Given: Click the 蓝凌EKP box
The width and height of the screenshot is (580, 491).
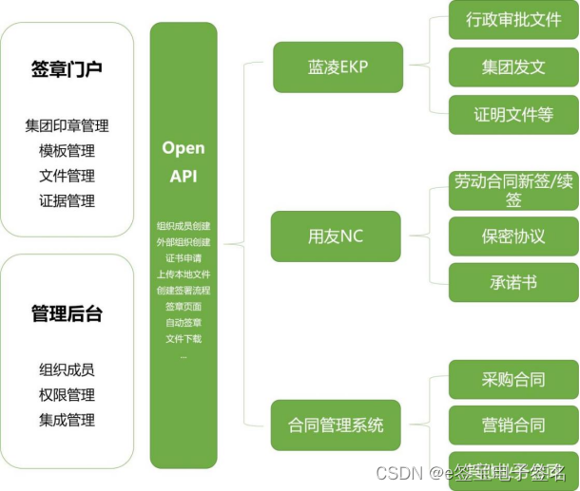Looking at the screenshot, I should click(x=338, y=66).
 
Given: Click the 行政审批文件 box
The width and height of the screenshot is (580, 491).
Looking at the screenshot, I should click(x=513, y=19).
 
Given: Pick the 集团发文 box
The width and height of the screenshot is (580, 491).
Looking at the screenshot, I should click(x=513, y=67).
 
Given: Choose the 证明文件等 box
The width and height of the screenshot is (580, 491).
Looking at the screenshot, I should click(x=513, y=115).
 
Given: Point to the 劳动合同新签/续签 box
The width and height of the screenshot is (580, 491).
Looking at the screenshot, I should click(x=513, y=189).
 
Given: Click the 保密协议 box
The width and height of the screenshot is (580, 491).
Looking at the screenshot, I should click(x=513, y=236).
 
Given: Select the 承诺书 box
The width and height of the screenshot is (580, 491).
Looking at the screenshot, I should click(x=513, y=282).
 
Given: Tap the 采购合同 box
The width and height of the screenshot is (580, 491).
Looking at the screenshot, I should click(x=513, y=380).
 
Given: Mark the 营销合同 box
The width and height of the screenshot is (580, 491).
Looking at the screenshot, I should click(x=513, y=425).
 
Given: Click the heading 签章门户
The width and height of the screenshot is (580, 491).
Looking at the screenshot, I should click(x=67, y=69).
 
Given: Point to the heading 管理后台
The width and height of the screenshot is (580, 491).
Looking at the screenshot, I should click(x=67, y=312).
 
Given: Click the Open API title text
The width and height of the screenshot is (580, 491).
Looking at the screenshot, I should click(x=184, y=161).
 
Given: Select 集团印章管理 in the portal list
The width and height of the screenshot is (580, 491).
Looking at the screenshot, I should click(x=67, y=125).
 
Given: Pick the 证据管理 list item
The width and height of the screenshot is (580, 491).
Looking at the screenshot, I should click(x=67, y=200).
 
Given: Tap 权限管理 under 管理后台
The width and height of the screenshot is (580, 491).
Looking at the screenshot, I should click(x=67, y=395).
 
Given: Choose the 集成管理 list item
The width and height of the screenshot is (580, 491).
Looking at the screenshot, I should click(x=67, y=420).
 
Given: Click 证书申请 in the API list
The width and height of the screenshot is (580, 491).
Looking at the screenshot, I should click(x=184, y=258).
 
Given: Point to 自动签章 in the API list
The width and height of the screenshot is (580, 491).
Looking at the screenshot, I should click(x=184, y=323).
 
